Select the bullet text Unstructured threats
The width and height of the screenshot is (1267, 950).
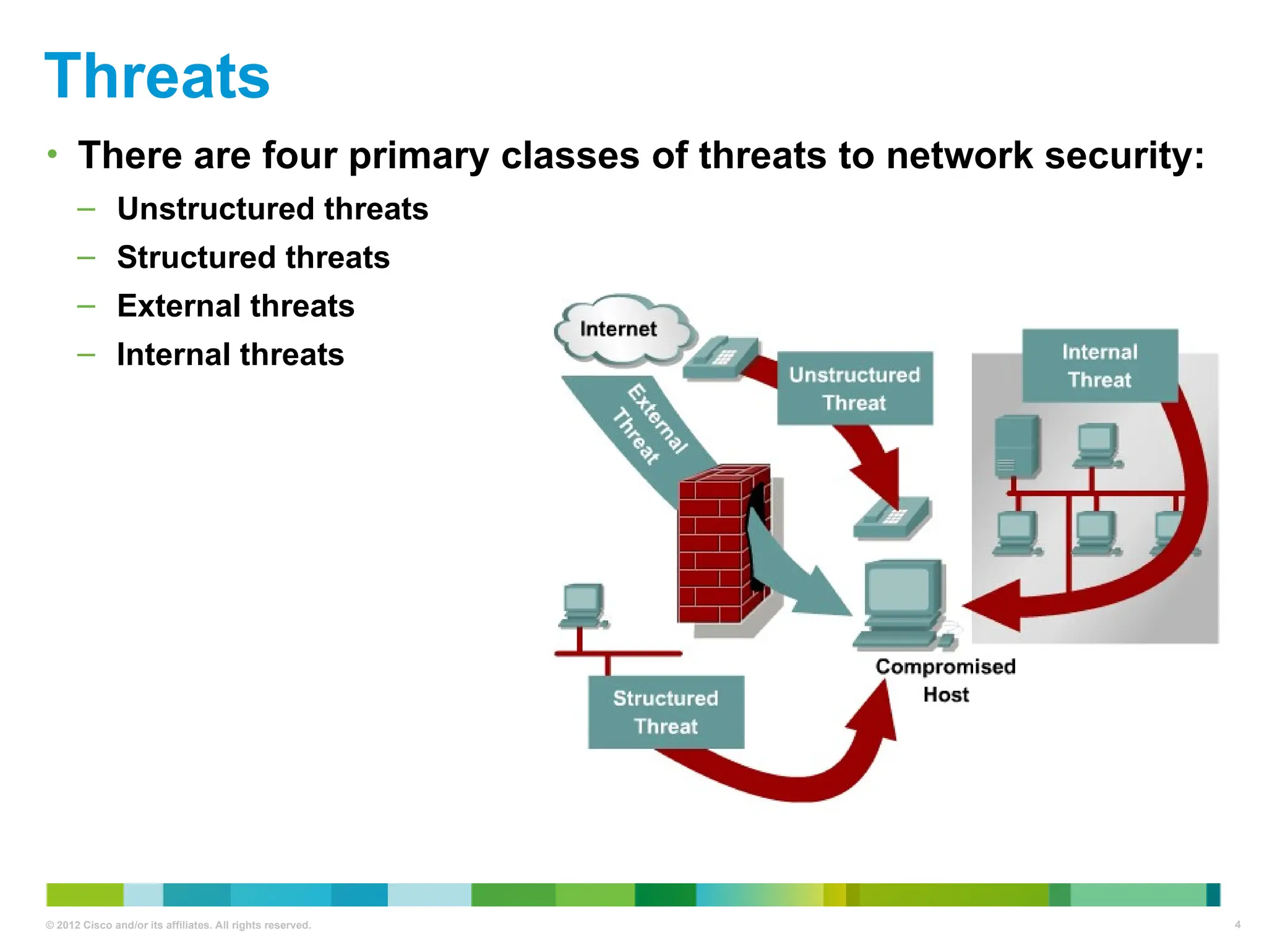(x=272, y=209)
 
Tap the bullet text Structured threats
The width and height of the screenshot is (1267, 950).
(x=253, y=257)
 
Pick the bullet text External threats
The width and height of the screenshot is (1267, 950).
(x=235, y=306)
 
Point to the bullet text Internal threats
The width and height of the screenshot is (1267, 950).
(x=230, y=355)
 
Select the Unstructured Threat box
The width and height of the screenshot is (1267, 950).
(x=854, y=388)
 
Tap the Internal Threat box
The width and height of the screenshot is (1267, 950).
(x=1099, y=366)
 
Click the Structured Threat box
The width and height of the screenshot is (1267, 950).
(x=666, y=712)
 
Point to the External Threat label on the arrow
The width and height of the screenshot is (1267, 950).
(x=650, y=424)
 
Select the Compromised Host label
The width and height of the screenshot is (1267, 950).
(x=945, y=680)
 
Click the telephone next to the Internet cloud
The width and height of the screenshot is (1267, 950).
(x=721, y=358)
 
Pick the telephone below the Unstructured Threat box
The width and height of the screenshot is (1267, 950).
(x=891, y=517)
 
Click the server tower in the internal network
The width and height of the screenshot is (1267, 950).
(x=1016, y=447)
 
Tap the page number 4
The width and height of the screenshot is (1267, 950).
(x=1237, y=925)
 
